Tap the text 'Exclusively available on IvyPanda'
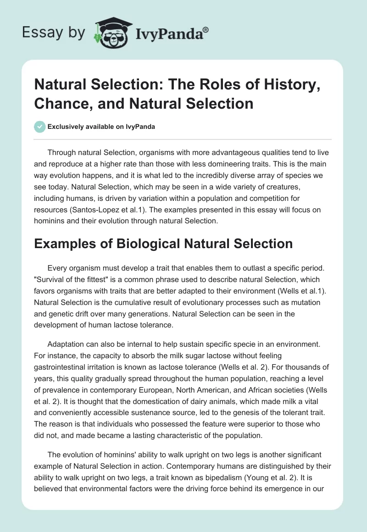[101, 127]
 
